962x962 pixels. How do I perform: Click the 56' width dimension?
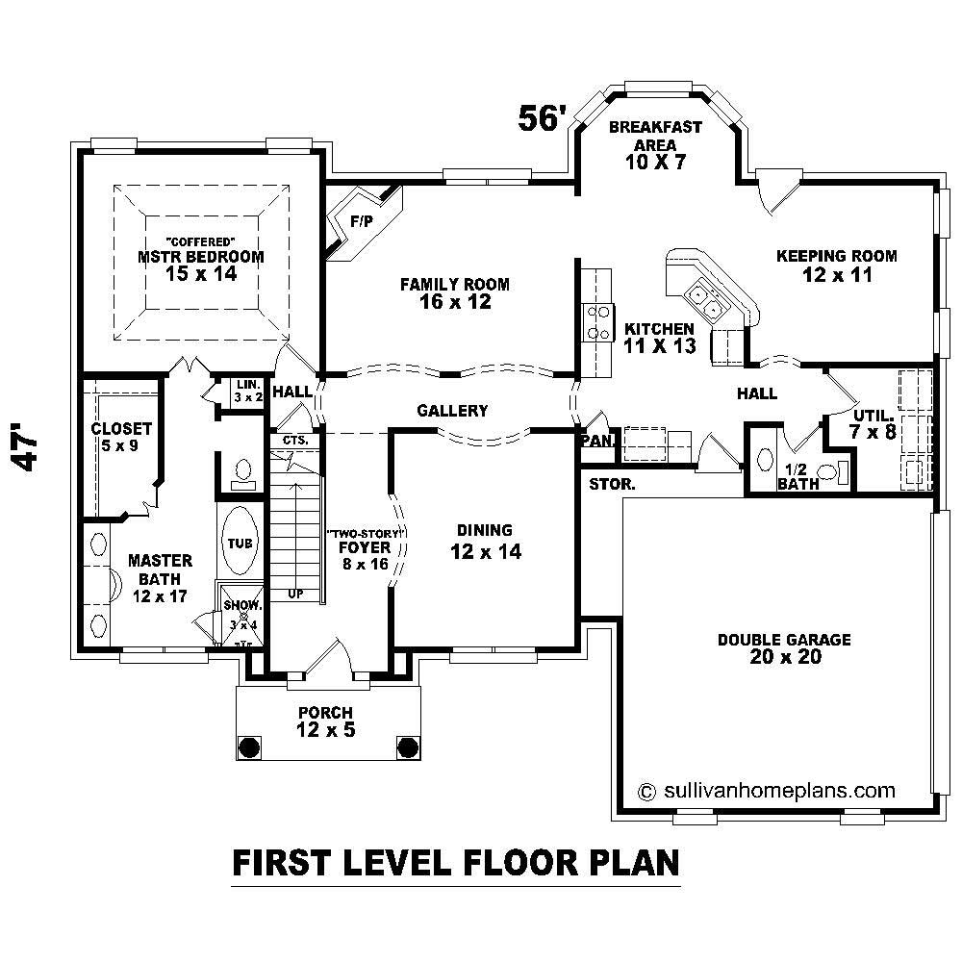(x=540, y=117)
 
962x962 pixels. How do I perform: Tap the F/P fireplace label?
(x=361, y=221)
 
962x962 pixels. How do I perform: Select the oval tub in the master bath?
(x=240, y=543)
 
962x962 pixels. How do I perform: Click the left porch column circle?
(x=249, y=747)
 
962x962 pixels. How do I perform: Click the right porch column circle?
(x=407, y=747)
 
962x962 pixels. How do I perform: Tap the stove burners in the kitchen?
(x=598, y=322)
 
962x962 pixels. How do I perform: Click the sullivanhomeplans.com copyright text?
(x=767, y=791)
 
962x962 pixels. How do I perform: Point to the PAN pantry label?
(x=593, y=441)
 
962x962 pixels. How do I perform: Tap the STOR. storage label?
(x=612, y=485)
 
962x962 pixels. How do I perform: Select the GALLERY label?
(x=452, y=411)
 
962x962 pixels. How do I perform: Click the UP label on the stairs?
(x=295, y=594)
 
